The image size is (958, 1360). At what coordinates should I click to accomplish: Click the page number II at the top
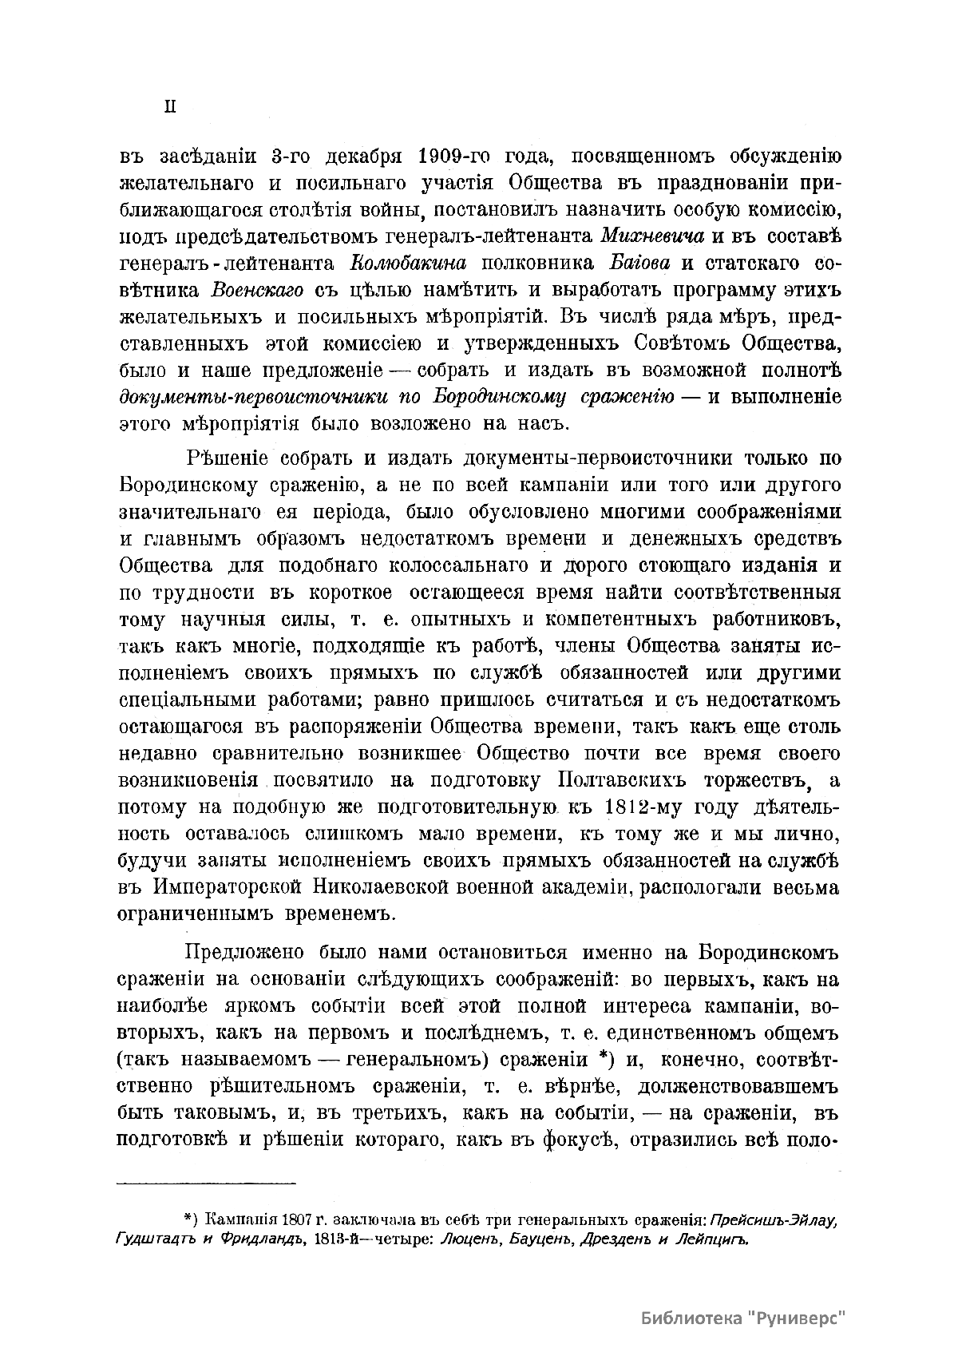click(169, 108)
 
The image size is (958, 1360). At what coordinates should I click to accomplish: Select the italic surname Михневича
click(652, 236)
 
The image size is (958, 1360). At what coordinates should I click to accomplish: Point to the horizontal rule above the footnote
click(206, 1183)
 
